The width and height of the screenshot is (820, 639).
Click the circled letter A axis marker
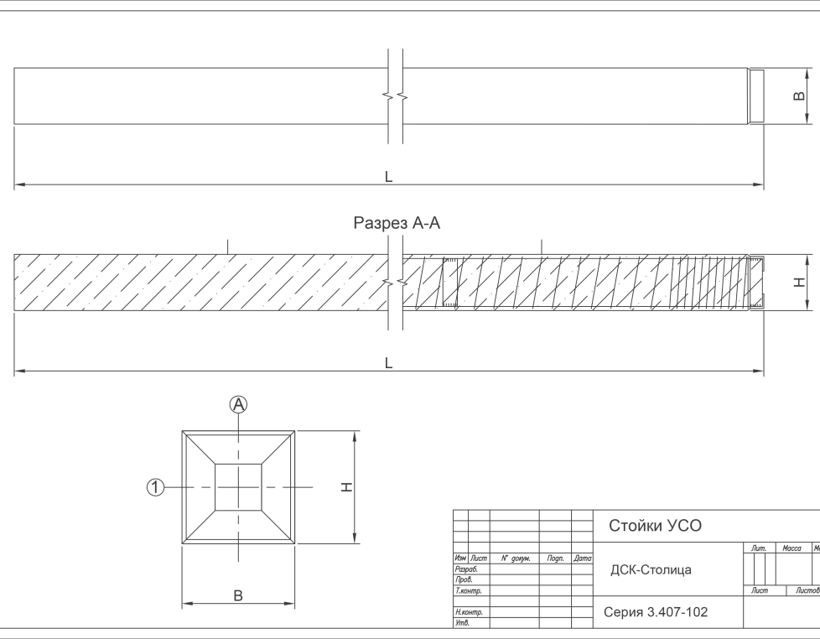pyautogui.click(x=239, y=404)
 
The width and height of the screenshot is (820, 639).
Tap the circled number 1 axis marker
pyautogui.click(x=155, y=487)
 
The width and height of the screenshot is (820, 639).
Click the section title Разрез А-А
pyautogui.click(x=397, y=223)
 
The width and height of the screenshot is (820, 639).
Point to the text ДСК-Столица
pyautogui.click(x=651, y=570)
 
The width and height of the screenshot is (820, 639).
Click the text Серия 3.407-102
pyautogui.click(x=655, y=612)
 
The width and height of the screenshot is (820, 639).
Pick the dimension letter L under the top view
pyautogui.click(x=388, y=177)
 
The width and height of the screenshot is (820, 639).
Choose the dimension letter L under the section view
pyautogui.click(x=388, y=364)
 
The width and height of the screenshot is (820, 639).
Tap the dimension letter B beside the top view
pyautogui.click(x=797, y=96)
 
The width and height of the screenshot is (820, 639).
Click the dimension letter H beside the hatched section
pyautogui.click(x=800, y=282)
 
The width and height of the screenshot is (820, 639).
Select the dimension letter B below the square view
pyautogui.click(x=238, y=595)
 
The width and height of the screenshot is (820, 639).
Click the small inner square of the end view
pyautogui.click(x=239, y=486)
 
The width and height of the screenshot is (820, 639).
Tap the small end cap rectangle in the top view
pyautogui.click(x=755, y=96)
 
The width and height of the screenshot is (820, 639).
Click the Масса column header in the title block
pyautogui.click(x=791, y=548)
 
